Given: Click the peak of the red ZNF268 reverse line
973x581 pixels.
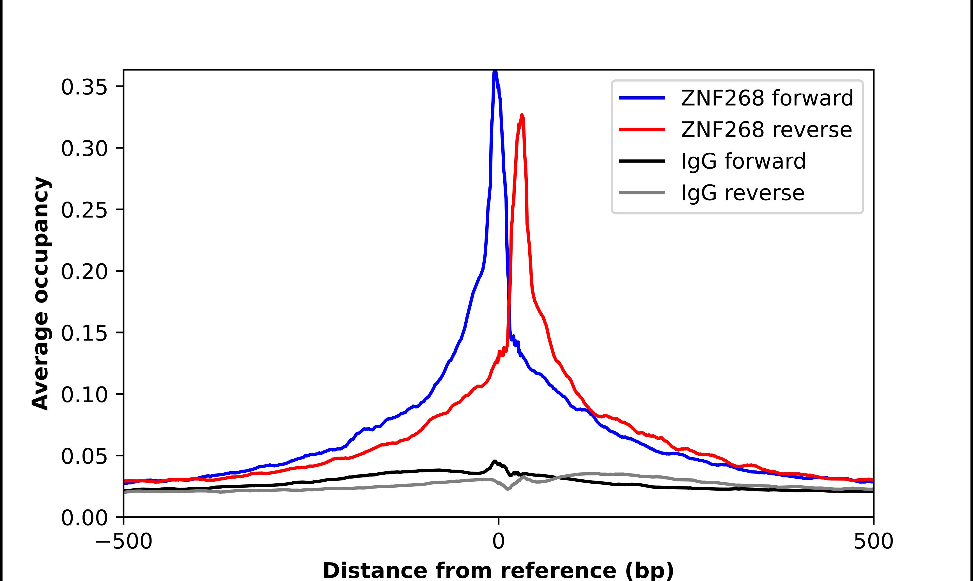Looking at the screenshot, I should click(x=522, y=115).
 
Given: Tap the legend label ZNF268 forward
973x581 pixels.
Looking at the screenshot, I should click(x=767, y=98).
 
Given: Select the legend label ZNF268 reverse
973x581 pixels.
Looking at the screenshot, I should click(x=766, y=130).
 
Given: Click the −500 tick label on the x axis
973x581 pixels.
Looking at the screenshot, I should click(x=124, y=541).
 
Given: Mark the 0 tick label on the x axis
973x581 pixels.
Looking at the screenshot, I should click(x=498, y=541).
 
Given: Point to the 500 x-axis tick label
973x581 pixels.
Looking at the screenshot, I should click(x=873, y=541).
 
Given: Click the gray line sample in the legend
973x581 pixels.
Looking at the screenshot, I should click(x=642, y=193).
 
